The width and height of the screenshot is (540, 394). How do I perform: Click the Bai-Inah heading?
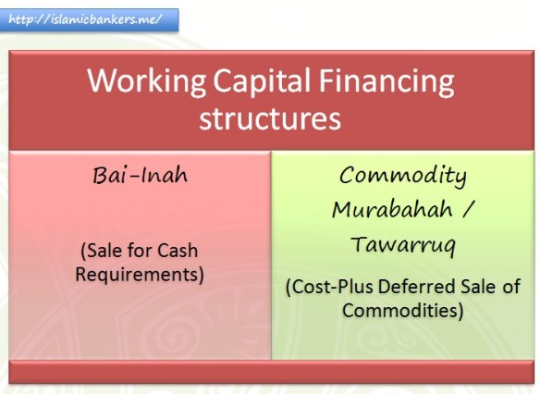click(x=141, y=176)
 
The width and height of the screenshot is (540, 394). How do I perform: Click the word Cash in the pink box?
click(x=176, y=251)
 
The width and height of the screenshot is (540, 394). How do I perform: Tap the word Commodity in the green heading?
click(x=402, y=175)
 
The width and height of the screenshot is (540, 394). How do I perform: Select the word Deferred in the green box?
click(x=410, y=288)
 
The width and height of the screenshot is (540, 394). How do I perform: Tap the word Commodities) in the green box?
click(x=402, y=311)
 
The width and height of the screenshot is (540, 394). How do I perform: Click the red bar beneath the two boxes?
click(x=271, y=371)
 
